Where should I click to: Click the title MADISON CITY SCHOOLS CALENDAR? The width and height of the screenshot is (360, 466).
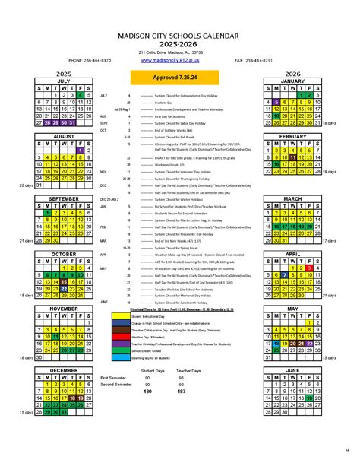(x=181, y=36)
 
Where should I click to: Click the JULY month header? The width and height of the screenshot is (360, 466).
(x=63, y=81)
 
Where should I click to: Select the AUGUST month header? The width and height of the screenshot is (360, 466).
(x=63, y=136)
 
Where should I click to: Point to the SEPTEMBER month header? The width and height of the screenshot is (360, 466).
(x=63, y=198)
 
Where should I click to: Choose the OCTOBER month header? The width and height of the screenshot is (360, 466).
(x=63, y=253)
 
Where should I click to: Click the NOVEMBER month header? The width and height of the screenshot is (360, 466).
(x=63, y=309)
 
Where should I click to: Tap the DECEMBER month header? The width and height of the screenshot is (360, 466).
(x=63, y=370)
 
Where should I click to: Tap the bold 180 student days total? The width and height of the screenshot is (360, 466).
(x=147, y=392)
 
